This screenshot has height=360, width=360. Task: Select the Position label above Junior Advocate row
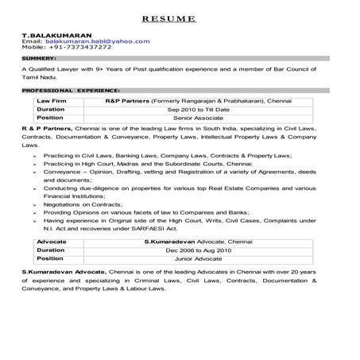point(51,258)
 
